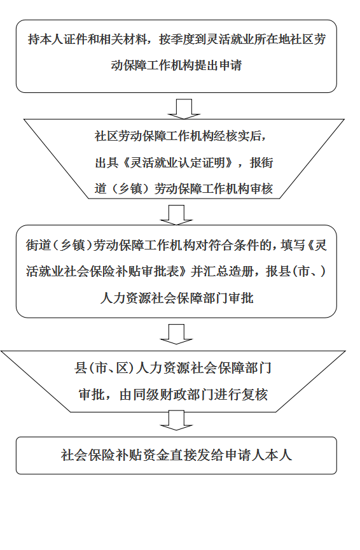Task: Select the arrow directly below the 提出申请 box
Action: [184, 109]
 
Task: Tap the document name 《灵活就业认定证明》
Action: [177, 163]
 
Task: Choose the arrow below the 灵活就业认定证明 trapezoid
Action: [176, 215]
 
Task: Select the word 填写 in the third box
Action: [293, 245]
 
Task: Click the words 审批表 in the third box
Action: [162, 271]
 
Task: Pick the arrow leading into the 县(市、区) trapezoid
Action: [176, 334]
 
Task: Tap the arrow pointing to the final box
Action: [176, 421]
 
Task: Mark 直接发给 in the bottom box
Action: [197, 455]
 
